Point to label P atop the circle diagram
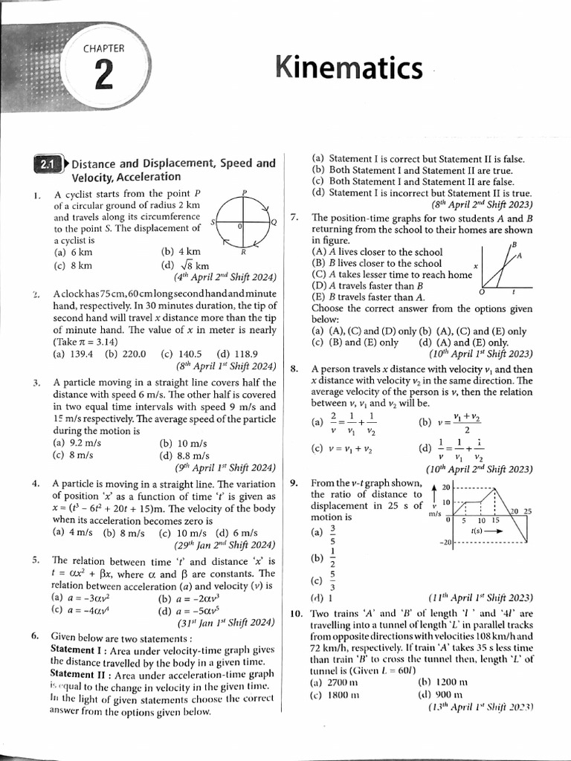click(x=245, y=192)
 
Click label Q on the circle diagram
click(x=274, y=222)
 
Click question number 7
click(x=294, y=218)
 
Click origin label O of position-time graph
click(x=483, y=292)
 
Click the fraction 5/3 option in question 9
click(x=332, y=581)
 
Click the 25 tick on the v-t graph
click(x=528, y=511)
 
